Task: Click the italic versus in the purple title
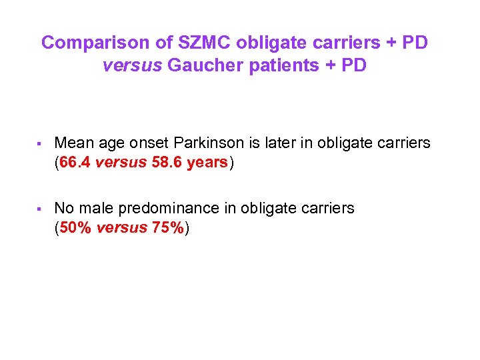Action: pos(133,67)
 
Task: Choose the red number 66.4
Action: pos(75,162)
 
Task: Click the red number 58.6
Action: pos(164,162)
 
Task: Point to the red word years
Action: pos(207,162)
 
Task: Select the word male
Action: pos(93,209)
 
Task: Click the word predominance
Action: pos(166,209)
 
